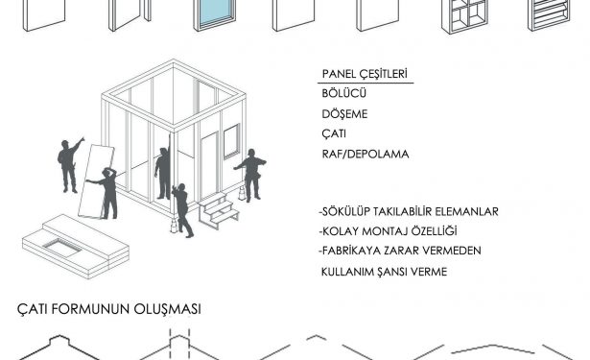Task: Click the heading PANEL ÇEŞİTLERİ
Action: coord(365,74)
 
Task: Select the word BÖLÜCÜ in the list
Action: coord(343,93)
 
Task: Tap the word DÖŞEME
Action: coord(344,114)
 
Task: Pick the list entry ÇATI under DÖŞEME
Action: coord(334,134)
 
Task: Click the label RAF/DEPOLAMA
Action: coord(366,154)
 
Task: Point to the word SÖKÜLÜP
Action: coord(345,211)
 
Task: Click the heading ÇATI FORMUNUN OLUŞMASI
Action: coord(109,309)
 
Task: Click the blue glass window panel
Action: coord(215,14)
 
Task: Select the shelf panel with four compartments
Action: coord(464,15)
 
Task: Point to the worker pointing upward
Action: coord(70,165)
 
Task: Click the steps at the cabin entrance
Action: coord(218,210)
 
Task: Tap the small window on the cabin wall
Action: coord(231,141)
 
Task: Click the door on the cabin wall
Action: coord(209,166)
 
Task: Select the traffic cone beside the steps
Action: coord(242,193)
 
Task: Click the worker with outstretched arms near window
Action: coord(251,175)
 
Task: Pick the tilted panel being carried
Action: coord(96,181)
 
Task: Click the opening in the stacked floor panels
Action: coord(62,247)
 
